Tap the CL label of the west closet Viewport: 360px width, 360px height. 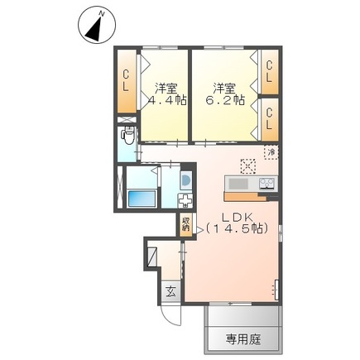(x=126, y=80)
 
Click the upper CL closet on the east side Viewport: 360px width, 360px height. (x=270, y=73)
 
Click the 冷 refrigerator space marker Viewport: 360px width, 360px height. (x=270, y=152)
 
